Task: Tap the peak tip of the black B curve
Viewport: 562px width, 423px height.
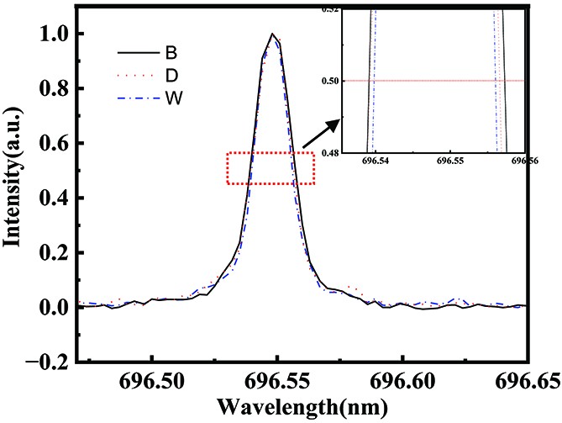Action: pos(272,34)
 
